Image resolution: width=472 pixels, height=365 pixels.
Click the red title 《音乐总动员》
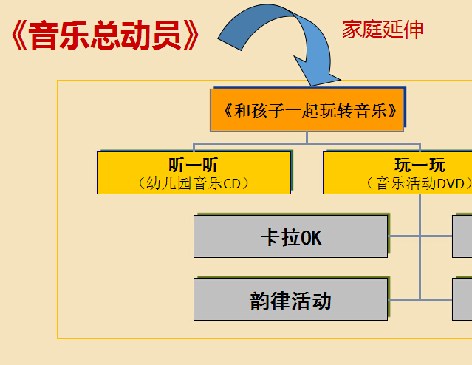105,35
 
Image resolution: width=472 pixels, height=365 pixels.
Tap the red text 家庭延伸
383,30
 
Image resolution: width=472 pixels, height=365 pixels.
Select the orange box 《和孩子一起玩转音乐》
307,110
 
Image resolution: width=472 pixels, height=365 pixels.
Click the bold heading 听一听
194,165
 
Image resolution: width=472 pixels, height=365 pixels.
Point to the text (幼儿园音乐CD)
194,183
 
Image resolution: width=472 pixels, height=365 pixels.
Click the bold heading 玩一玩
420,165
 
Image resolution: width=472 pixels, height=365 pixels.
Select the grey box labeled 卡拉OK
290,236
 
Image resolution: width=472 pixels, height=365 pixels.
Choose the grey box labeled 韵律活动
290,299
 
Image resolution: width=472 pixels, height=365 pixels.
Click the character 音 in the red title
44,35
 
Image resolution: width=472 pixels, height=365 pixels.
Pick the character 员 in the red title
166,35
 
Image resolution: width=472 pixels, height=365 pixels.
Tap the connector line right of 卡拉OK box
420,236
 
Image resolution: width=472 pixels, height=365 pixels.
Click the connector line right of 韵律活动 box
420,299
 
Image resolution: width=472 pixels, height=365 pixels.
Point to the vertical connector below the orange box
307,137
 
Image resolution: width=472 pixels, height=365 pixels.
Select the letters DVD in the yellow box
451,184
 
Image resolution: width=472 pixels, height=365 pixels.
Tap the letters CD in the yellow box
231,184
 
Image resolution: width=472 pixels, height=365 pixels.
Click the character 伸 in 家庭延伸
414,30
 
